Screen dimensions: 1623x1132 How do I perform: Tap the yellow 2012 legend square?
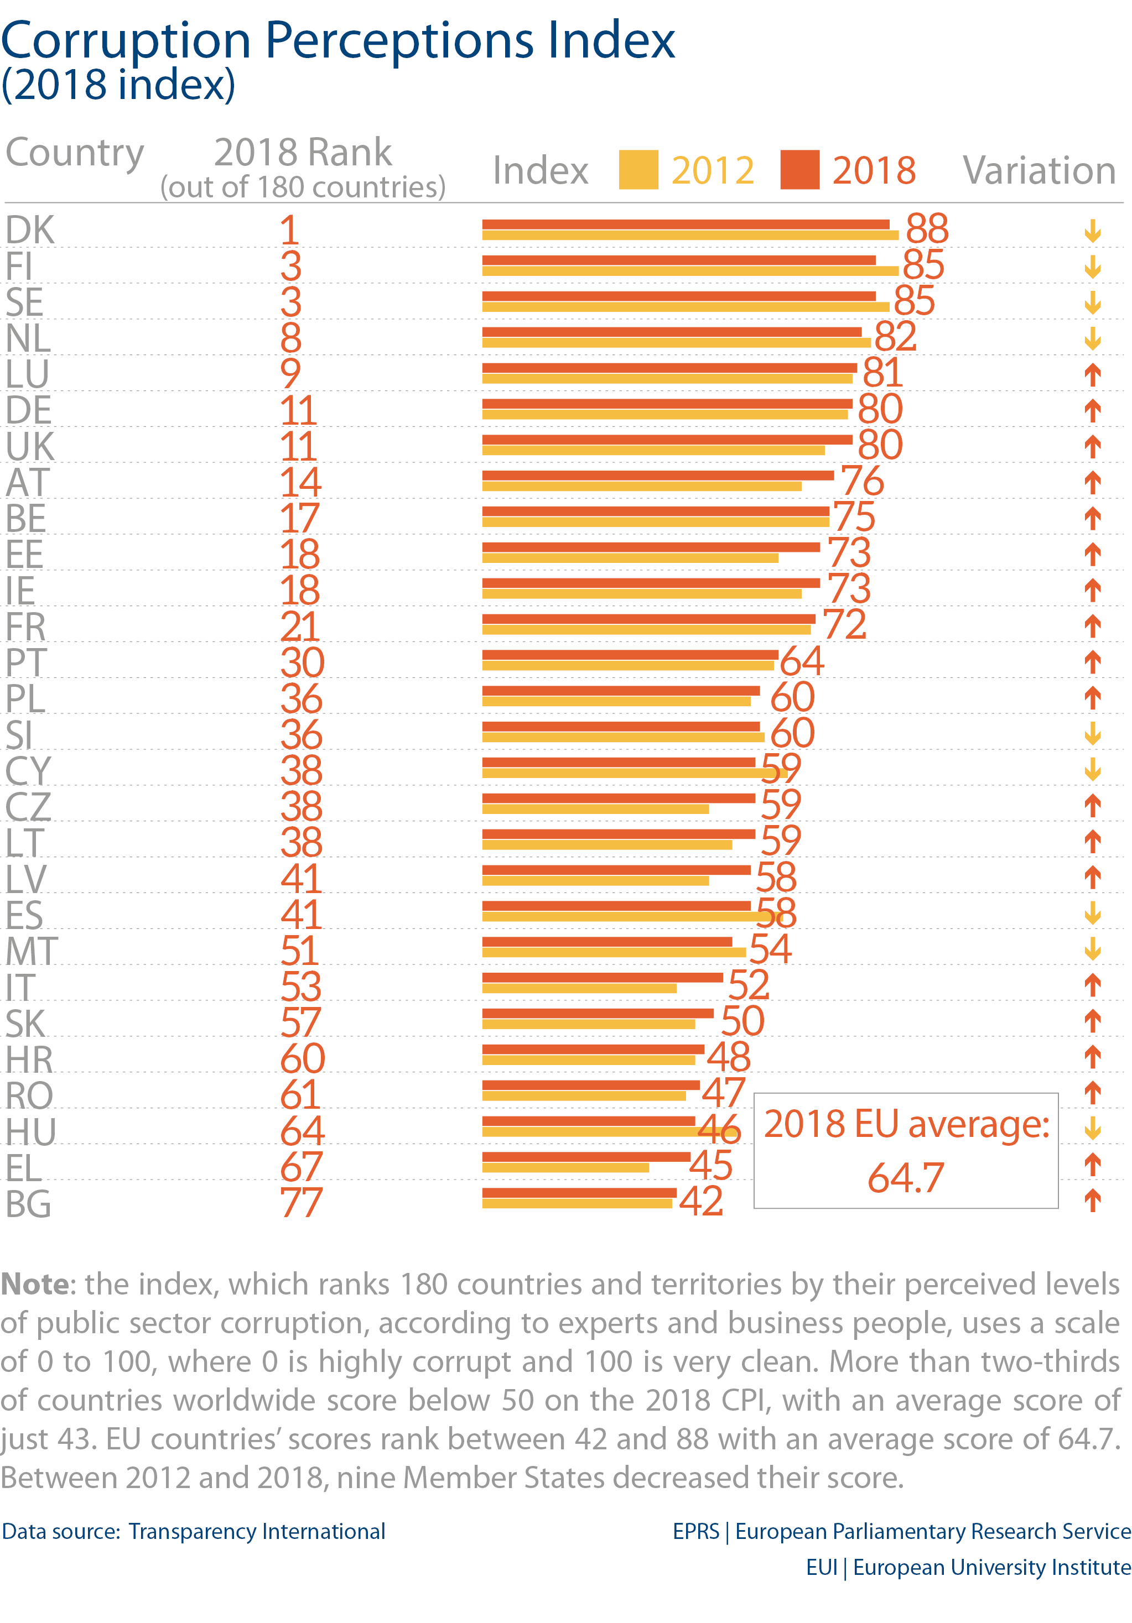pyautogui.click(x=638, y=170)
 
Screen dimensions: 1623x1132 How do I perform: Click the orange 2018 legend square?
pyautogui.click(x=799, y=170)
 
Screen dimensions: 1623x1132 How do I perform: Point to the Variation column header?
pyautogui.click(x=1038, y=170)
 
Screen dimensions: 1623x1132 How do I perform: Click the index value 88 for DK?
pyautogui.click(x=926, y=228)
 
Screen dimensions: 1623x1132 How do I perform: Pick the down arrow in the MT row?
pyautogui.click(x=1092, y=948)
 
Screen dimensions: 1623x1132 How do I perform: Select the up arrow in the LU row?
pyautogui.click(x=1092, y=374)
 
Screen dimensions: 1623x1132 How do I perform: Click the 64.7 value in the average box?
pyautogui.click(x=906, y=1178)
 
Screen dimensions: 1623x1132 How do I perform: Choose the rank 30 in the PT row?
pyautogui.click(x=302, y=662)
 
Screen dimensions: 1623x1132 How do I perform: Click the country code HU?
pyautogui.click(x=30, y=1131)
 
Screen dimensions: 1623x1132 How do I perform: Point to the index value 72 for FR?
pyautogui.click(x=844, y=624)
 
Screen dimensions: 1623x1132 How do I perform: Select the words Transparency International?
pyautogui.click(x=257, y=1531)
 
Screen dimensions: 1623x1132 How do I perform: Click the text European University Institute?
pyautogui.click(x=991, y=1567)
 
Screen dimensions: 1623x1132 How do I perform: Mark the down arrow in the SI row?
pyautogui.click(x=1092, y=734)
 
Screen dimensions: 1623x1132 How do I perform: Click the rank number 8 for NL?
pyautogui.click(x=290, y=338)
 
